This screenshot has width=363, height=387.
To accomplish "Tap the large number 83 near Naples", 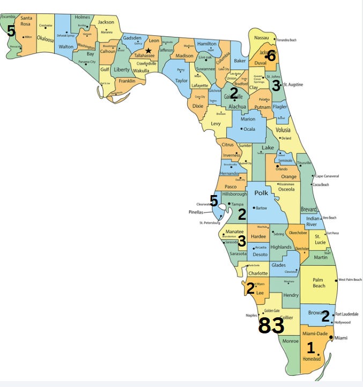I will click(x=271, y=325).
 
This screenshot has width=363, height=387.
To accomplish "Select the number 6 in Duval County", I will click(x=271, y=55).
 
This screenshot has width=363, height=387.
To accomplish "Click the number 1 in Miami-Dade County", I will click(x=310, y=348).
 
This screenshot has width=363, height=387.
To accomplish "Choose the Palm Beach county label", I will click(x=319, y=282).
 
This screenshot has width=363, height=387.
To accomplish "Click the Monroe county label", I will click(x=290, y=341).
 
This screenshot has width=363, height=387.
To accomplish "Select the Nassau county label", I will click(x=261, y=38).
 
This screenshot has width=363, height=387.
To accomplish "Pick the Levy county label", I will click(x=216, y=124).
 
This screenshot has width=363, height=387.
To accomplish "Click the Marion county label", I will click(x=248, y=119).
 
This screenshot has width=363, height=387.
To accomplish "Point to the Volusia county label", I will click(x=283, y=130).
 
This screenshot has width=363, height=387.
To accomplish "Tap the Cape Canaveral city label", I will click(x=327, y=176).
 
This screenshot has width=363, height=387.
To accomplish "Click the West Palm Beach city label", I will click(x=350, y=280).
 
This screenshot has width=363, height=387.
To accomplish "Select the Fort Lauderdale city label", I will click(x=347, y=314).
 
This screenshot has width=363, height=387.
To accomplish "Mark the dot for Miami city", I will click(x=331, y=338).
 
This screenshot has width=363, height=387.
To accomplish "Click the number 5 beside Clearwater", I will click(x=214, y=201).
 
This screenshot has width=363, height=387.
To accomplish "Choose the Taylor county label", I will click(x=182, y=80).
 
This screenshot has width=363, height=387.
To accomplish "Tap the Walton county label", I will click(x=66, y=47).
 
